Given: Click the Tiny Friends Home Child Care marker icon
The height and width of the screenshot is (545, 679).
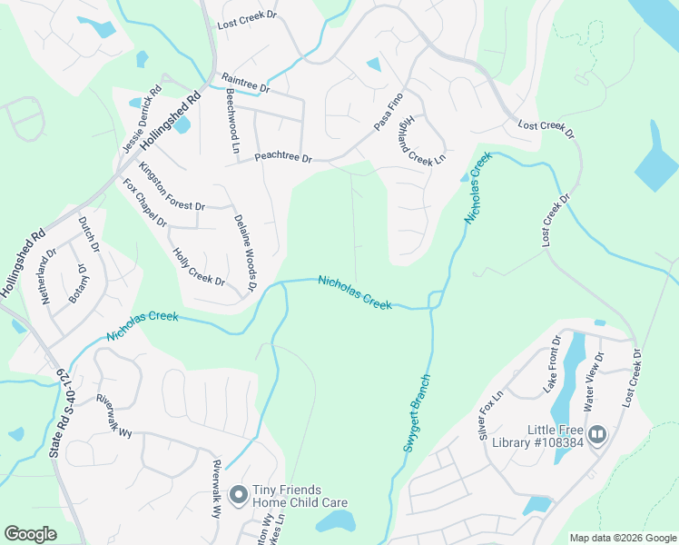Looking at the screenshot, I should [x=239, y=495].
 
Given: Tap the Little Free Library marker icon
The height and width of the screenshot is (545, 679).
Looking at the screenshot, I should [x=597, y=434].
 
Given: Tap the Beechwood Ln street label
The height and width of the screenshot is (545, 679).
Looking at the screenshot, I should [x=232, y=120].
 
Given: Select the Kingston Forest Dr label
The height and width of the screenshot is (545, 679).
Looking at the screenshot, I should [x=172, y=186].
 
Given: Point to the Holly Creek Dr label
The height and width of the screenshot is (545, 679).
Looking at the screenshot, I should [x=198, y=268].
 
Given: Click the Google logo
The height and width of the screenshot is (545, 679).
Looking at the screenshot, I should [x=31, y=534].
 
